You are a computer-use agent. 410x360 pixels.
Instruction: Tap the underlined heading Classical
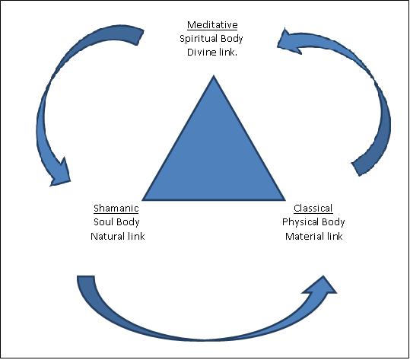(x=313, y=208)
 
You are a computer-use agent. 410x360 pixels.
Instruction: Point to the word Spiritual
(x=195, y=37)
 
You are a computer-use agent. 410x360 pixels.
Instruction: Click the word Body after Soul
(x=129, y=222)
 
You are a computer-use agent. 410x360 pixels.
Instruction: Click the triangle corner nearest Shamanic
(x=144, y=200)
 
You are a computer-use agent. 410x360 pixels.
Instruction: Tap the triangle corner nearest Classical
(x=285, y=200)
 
